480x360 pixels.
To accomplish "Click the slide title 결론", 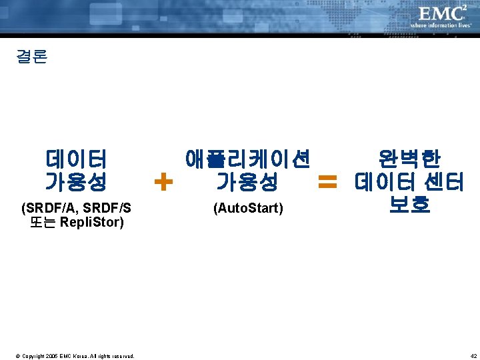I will pos(31,57).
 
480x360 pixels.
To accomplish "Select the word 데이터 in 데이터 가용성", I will pos(76,159).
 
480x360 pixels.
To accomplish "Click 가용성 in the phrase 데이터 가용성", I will pos(76,181).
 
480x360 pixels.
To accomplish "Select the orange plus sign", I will pos(163,180).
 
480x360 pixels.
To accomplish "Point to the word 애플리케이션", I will pos(247,159).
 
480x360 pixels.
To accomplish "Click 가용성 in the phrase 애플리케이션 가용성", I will pos(247,181).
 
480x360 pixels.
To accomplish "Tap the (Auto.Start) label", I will pos(248,209).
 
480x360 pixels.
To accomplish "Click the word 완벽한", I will pos(409,159).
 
